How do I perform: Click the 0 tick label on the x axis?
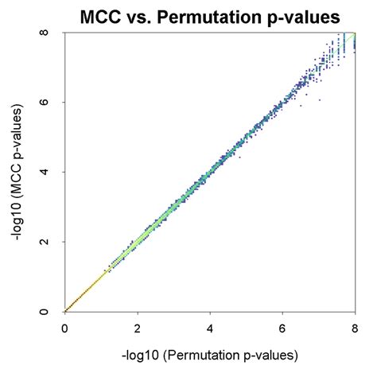click(64, 326)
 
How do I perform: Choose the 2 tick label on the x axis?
click(138, 326)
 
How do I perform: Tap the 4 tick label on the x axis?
click(210, 326)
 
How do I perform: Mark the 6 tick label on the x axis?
click(282, 326)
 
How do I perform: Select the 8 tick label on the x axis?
click(355, 326)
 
